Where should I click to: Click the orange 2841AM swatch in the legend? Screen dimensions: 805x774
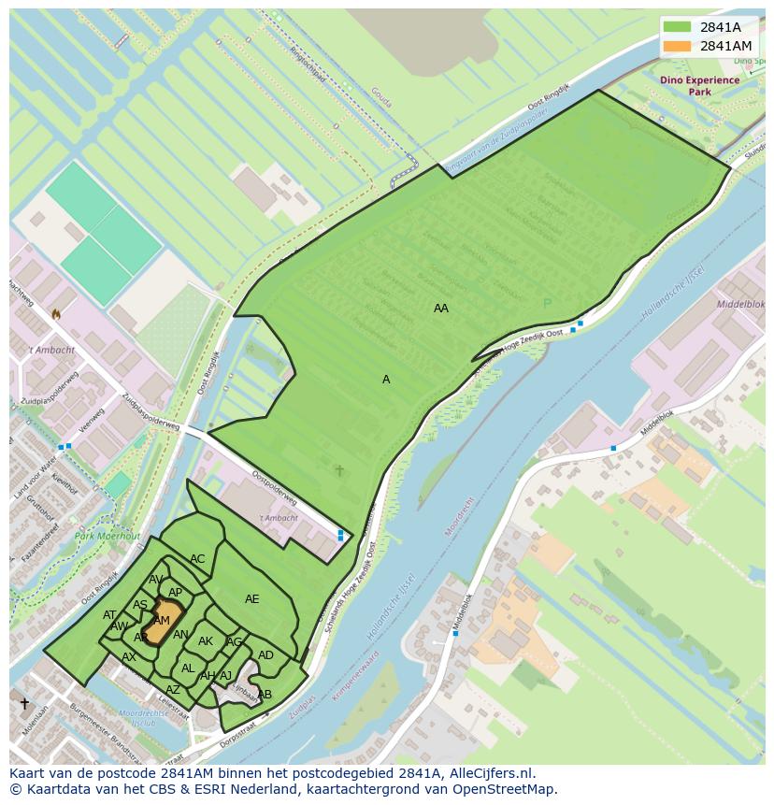pyautogui.click(x=679, y=46)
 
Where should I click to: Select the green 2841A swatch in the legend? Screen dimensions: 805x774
pyautogui.click(x=679, y=27)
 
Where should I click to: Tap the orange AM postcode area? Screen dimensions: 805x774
pyautogui.click(x=160, y=621)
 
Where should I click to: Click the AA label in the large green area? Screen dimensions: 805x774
pyautogui.click(x=441, y=308)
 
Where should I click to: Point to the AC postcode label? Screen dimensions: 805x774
pyautogui.click(x=197, y=559)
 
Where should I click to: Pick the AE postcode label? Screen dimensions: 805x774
pyautogui.click(x=252, y=599)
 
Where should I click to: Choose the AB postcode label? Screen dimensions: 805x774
pyautogui.click(x=265, y=695)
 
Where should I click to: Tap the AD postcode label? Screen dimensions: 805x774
pyautogui.click(x=265, y=655)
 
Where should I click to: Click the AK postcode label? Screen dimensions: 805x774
pyautogui.click(x=206, y=641)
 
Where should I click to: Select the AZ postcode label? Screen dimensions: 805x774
pyautogui.click(x=173, y=690)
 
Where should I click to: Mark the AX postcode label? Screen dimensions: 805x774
pyautogui.click(x=129, y=657)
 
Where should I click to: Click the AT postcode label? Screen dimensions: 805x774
pyautogui.click(x=109, y=614)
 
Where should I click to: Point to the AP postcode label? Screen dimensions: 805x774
pyautogui.click(x=175, y=592)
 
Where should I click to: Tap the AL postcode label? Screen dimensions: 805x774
pyautogui.click(x=188, y=668)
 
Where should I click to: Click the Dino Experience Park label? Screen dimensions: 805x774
pyautogui.click(x=699, y=86)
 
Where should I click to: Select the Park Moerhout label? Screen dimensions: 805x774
pyautogui.click(x=107, y=537)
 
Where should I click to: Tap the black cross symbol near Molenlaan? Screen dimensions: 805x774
pyautogui.click(x=24, y=703)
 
